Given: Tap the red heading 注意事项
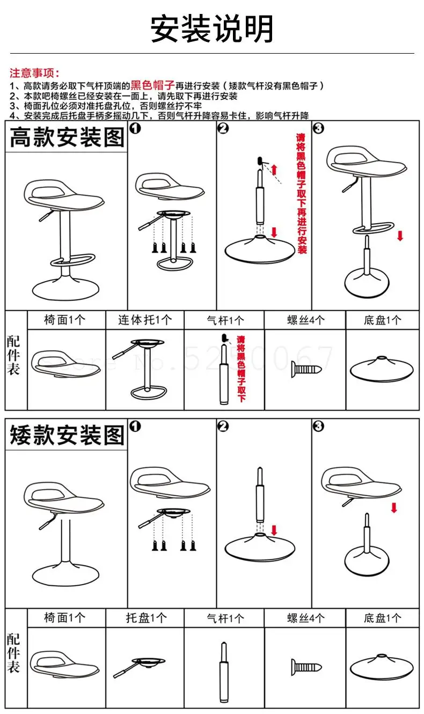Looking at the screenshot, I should coord(35,73).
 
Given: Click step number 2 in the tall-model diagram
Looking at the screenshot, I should coord(223,128).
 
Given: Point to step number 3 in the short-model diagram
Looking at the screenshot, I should coord(318,426).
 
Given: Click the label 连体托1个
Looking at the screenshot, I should coord(145,320).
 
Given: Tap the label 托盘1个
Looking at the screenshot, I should coord(145,618).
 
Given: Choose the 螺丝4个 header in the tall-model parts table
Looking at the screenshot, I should coord(305,320).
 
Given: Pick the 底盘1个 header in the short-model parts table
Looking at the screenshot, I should coord(382,618).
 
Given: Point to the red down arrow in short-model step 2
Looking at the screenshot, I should coord(275,531).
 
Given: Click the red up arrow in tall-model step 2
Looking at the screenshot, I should coord(274,170).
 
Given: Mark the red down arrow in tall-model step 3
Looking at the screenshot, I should coord(399,235).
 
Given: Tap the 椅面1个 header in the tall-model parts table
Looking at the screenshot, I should coord(65,320).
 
